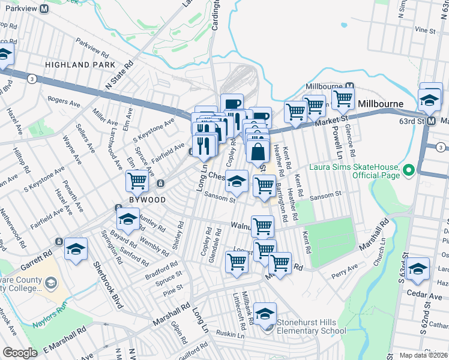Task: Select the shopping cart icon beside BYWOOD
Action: [x=137, y=179]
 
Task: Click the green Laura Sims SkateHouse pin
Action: [x=409, y=170]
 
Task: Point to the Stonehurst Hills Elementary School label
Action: [x=312, y=325]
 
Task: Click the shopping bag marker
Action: [x=258, y=152]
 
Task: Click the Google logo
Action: [x=20, y=353]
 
